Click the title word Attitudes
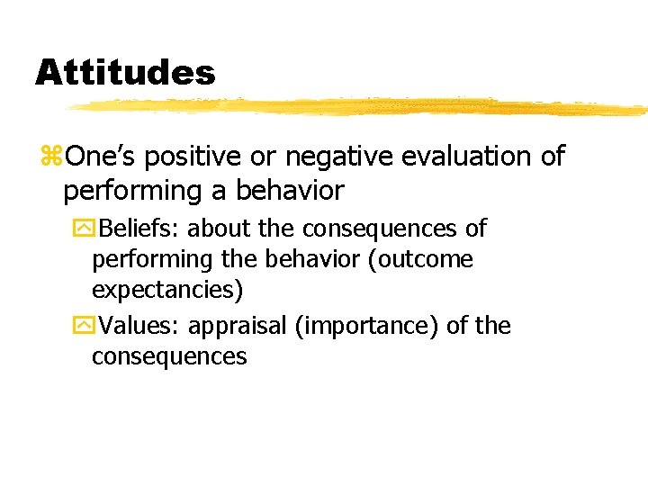(x=125, y=72)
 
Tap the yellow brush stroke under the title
(x=360, y=107)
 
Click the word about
(x=218, y=229)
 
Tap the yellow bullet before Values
(x=84, y=326)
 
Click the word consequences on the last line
(x=169, y=356)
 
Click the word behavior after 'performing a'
(x=291, y=191)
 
